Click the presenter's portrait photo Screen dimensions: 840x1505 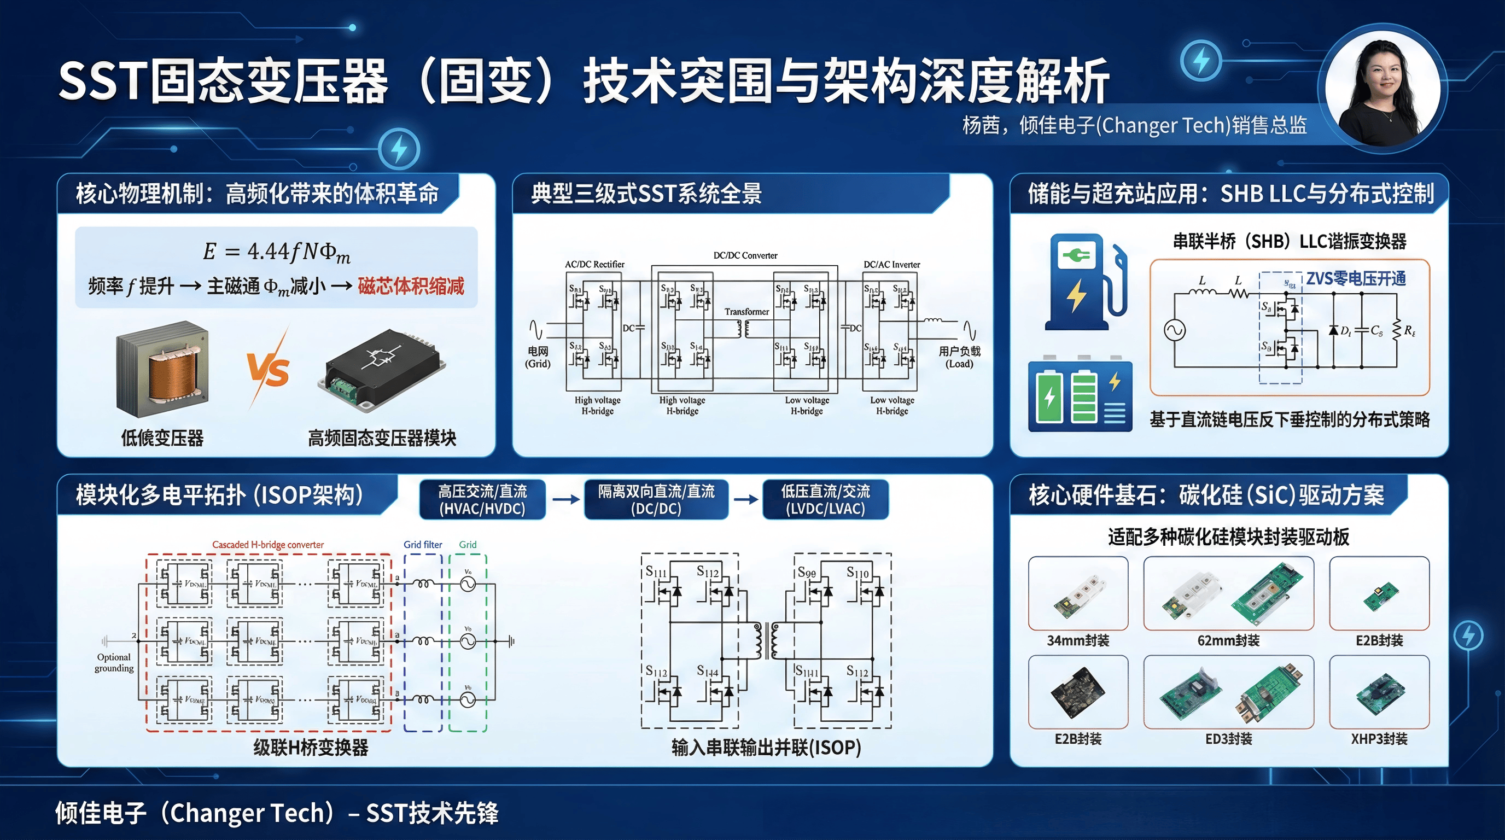1382,91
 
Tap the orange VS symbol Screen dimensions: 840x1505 268,370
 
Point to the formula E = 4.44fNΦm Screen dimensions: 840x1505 276,252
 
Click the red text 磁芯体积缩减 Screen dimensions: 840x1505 411,285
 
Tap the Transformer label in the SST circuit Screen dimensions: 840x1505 746,312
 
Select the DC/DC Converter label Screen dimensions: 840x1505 745,255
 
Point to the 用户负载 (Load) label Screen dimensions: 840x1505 959,357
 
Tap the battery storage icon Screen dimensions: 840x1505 1080,394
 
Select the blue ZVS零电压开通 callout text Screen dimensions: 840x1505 1356,279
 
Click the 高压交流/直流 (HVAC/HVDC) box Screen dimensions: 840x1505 482,499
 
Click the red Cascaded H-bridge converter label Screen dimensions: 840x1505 267,545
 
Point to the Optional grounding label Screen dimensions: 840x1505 114,662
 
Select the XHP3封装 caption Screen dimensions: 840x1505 1379,739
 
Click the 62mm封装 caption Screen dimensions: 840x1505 1228,640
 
